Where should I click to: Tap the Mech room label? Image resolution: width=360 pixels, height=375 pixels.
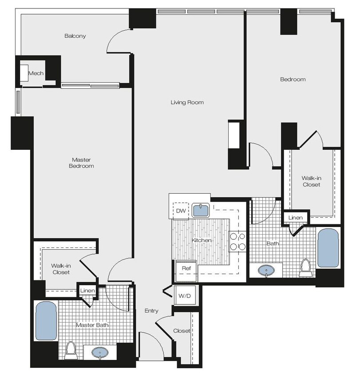pyautogui.click(x=36, y=73)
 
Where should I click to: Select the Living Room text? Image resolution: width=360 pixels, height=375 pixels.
pyautogui.click(x=187, y=103)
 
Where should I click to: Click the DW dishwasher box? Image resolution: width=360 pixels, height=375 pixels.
pyautogui.click(x=181, y=210)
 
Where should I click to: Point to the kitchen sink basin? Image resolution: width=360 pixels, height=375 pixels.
pyautogui.click(x=202, y=211)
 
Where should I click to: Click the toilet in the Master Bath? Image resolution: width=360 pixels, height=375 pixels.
pyautogui.click(x=70, y=351)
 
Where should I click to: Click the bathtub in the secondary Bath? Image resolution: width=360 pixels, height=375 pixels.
pyautogui.click(x=328, y=248)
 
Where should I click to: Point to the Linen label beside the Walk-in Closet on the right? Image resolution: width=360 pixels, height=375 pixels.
pyautogui.click(x=295, y=218)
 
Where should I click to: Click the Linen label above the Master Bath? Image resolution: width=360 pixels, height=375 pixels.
pyautogui.click(x=86, y=291)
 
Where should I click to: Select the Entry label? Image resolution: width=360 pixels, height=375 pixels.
pyautogui.click(x=151, y=311)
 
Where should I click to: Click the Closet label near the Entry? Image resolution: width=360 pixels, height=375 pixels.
pyautogui.click(x=182, y=331)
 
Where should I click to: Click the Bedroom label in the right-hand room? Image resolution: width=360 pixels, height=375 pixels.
pyautogui.click(x=293, y=80)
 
